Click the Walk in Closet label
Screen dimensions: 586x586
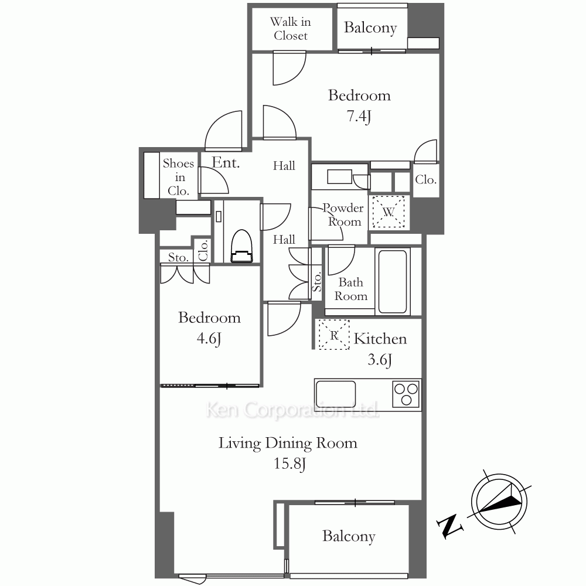click(291, 29)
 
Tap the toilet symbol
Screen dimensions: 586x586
click(242, 246)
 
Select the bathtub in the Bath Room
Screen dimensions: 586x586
click(393, 281)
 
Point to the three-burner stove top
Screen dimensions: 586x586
click(406, 394)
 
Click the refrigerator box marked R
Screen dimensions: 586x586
click(334, 335)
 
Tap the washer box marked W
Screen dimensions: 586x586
click(389, 212)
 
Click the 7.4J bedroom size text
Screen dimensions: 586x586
click(359, 116)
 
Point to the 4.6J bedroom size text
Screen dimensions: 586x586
click(209, 339)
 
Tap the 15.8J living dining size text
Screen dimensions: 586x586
click(289, 464)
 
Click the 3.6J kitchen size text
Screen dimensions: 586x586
click(380, 360)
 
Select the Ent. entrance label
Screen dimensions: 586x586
click(226, 162)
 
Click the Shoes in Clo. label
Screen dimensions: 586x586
click(179, 177)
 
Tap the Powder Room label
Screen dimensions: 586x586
click(343, 214)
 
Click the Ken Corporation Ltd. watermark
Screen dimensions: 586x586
click(292, 410)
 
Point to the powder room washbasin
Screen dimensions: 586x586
click(340, 176)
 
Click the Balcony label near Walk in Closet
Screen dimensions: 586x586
click(370, 28)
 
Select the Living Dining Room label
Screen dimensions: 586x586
click(288, 444)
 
